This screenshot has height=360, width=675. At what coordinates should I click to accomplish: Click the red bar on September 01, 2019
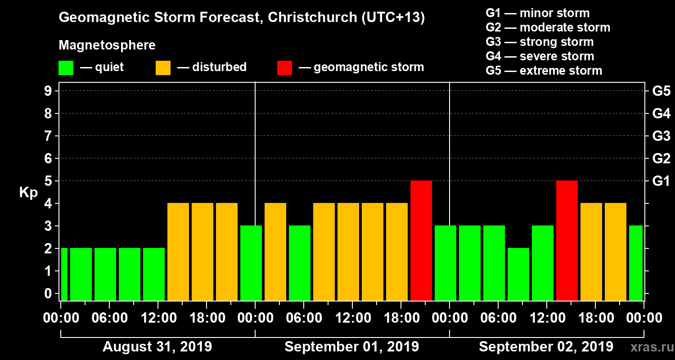coord(421,240)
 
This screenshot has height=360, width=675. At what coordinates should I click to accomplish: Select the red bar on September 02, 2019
coord(567,240)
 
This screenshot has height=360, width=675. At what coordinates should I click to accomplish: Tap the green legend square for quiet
coord(66,67)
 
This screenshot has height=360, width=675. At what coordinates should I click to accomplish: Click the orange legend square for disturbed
coord(163,67)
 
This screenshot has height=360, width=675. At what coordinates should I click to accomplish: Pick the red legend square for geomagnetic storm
coord(284,67)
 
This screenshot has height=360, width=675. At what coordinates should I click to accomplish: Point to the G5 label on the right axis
coord(661,91)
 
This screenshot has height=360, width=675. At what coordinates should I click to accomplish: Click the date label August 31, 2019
coord(157,347)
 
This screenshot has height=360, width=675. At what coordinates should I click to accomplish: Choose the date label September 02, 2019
coord(546,347)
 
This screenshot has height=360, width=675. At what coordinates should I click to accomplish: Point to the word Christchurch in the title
coord(309,18)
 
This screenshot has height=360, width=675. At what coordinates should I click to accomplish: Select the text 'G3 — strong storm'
coord(540,42)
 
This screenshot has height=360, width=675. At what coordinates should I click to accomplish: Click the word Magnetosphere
coord(107,45)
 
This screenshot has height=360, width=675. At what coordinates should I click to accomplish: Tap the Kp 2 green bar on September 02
coord(518,274)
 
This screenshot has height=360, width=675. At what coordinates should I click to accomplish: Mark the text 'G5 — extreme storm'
coord(544,71)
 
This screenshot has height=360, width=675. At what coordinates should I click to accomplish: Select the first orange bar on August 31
coord(178,252)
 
